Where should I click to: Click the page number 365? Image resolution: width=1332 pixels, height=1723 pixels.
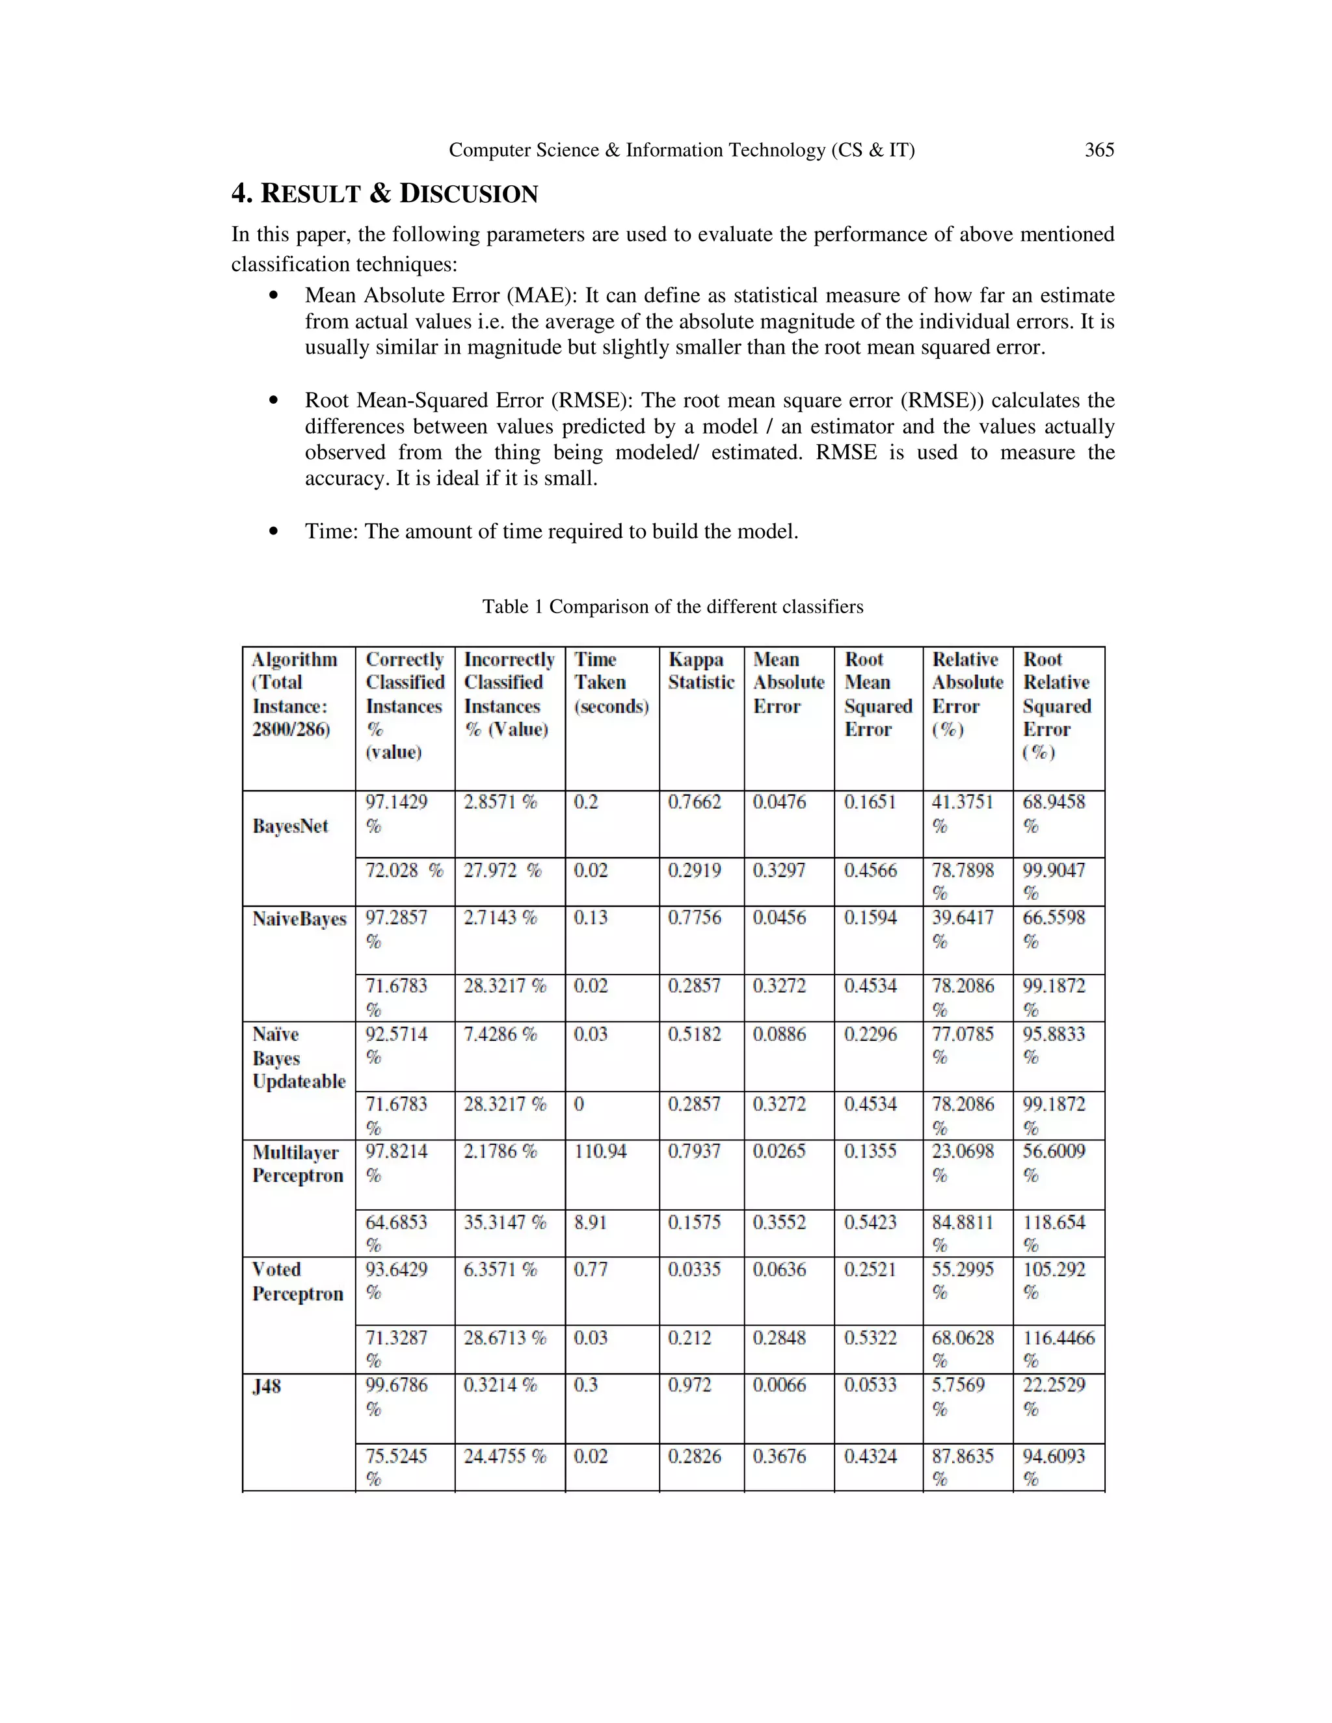(1099, 150)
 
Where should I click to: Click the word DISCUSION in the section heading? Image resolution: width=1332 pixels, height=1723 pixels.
(469, 193)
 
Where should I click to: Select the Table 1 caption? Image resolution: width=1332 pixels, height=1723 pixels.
(673, 607)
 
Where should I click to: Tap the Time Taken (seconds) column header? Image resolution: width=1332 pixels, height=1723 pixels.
(611, 683)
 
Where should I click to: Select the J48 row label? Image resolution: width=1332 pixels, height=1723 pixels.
(267, 1386)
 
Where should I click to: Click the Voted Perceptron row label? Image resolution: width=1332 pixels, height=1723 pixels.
(297, 1282)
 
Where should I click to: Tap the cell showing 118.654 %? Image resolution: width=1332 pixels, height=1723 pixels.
(1054, 1232)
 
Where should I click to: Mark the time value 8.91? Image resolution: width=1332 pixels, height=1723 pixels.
(589, 1222)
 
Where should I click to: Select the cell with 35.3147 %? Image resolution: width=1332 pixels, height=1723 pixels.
(505, 1222)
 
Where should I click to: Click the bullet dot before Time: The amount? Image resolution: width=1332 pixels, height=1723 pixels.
(274, 532)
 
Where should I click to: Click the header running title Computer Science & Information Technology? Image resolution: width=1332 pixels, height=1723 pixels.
(681, 150)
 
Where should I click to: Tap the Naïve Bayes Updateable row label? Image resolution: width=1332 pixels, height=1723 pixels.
(299, 1057)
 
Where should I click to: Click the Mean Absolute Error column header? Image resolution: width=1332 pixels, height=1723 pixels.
(788, 683)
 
